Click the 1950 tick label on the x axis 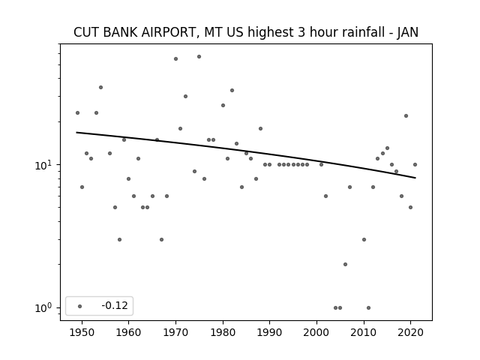click(82, 332)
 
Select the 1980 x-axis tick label click(223, 332)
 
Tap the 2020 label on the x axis click(411, 332)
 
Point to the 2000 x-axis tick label click(316, 332)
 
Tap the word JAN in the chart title click(408, 32)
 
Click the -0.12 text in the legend click(115, 305)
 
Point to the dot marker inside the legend click(80, 306)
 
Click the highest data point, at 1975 click(199, 57)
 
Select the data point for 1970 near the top click(175, 58)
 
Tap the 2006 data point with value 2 click(345, 264)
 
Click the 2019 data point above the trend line click(406, 115)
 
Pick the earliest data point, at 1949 click(77, 112)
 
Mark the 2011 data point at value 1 click(368, 307)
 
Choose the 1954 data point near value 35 click(100, 87)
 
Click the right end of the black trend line click(415, 178)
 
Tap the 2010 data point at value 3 click(364, 239)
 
